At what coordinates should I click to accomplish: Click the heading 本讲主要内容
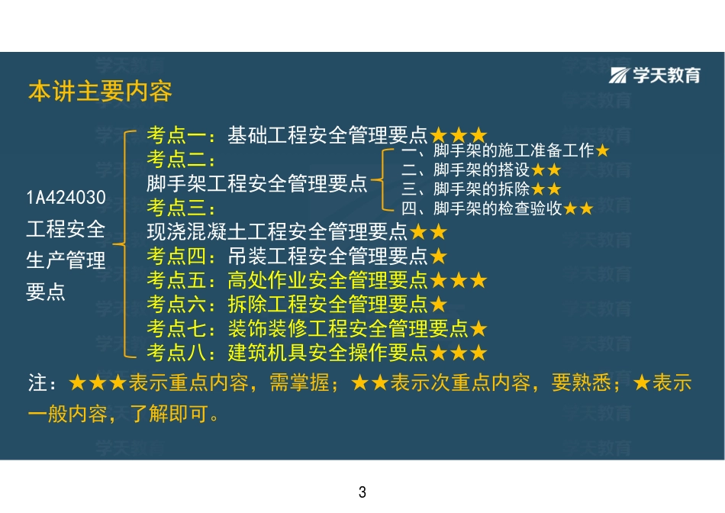[100, 92]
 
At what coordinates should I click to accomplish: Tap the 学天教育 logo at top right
[655, 75]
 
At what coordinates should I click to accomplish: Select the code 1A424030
[66, 198]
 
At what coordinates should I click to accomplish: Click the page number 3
[362, 492]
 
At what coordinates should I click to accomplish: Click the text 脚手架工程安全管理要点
[257, 184]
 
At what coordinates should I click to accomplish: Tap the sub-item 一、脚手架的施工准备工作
[498, 150]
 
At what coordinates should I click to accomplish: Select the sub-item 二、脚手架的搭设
[474, 169]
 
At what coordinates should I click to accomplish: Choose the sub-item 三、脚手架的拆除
[474, 189]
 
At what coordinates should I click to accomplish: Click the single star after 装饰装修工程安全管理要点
[478, 329]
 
